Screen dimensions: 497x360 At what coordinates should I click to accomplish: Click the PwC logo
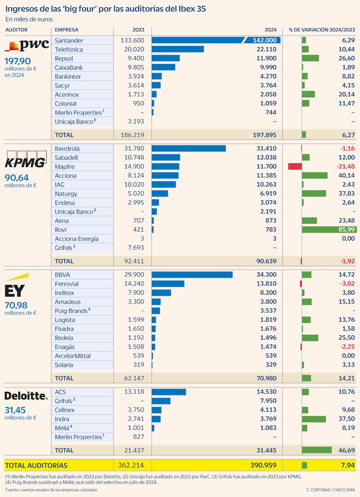tap(26, 45)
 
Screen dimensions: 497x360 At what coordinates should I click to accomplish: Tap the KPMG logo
tap(25, 160)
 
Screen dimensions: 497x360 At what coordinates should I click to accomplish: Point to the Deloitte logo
tap(26, 396)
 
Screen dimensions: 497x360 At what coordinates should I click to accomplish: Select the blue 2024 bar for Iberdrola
tap(188, 148)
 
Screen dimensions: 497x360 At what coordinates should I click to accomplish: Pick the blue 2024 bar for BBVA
tap(192, 275)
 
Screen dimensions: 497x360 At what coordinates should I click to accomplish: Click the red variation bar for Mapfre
tap(295, 167)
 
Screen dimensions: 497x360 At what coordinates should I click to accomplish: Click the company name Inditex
tap(64, 293)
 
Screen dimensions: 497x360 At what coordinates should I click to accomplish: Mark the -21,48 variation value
tap(346, 167)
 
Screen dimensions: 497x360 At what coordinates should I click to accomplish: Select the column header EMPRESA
tap(66, 30)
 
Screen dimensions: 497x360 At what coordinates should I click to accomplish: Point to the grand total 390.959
tap(263, 465)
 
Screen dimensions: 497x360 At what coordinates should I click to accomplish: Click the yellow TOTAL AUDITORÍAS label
tap(36, 465)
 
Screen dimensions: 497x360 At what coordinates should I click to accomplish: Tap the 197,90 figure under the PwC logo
tap(17, 61)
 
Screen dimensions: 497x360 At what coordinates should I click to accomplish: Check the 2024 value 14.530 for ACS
tap(266, 392)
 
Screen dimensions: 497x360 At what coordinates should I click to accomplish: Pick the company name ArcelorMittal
tap(72, 356)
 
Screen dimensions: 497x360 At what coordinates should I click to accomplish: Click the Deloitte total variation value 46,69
tap(346, 450)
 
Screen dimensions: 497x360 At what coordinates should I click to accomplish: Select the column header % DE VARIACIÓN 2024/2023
tap(322, 30)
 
